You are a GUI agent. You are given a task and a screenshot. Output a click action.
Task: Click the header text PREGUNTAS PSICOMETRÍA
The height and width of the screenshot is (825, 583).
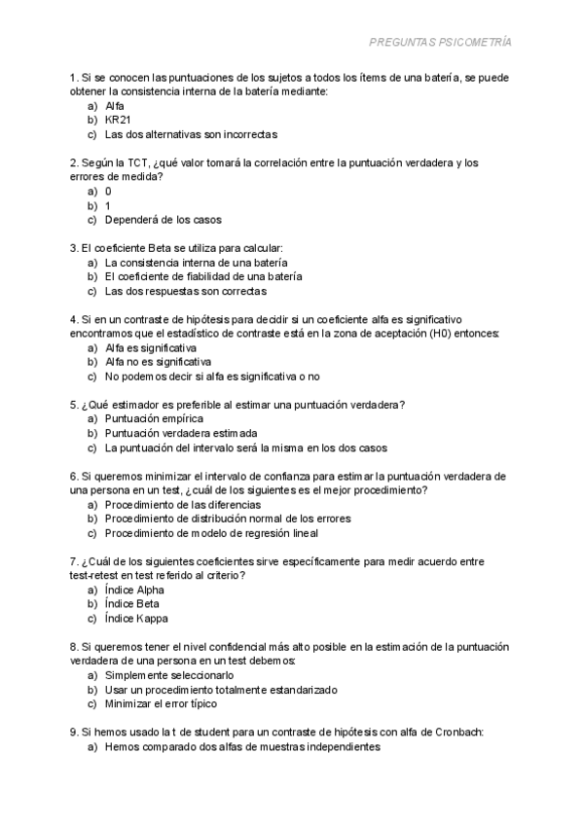(441, 43)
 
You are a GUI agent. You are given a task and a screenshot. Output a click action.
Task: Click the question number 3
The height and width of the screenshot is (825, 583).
(74, 248)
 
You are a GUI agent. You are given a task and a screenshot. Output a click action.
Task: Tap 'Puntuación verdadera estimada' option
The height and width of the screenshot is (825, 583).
(181, 433)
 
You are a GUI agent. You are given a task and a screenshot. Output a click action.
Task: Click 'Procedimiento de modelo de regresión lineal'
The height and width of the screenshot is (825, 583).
(211, 532)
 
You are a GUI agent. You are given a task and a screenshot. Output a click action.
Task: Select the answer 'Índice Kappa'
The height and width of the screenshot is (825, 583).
(137, 618)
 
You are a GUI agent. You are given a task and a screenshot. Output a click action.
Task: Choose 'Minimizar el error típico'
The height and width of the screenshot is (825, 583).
(161, 703)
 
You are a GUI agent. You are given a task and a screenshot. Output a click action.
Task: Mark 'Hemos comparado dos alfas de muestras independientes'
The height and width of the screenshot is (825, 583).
(242, 746)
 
